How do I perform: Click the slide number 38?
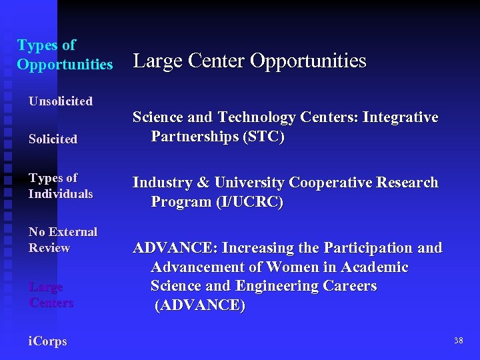pyautogui.click(x=458, y=341)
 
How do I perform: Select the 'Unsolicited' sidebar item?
pyautogui.click(x=60, y=101)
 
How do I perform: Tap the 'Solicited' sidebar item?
pyautogui.click(x=53, y=139)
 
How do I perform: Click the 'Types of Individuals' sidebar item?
pyautogui.click(x=60, y=186)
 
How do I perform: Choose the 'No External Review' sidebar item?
pyautogui.click(x=63, y=240)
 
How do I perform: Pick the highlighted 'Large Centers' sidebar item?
pyautogui.click(x=51, y=295)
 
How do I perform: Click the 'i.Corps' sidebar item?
pyautogui.click(x=47, y=341)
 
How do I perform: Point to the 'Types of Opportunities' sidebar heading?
pyautogui.click(x=65, y=55)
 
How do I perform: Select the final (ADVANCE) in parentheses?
pyautogui.click(x=200, y=306)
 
